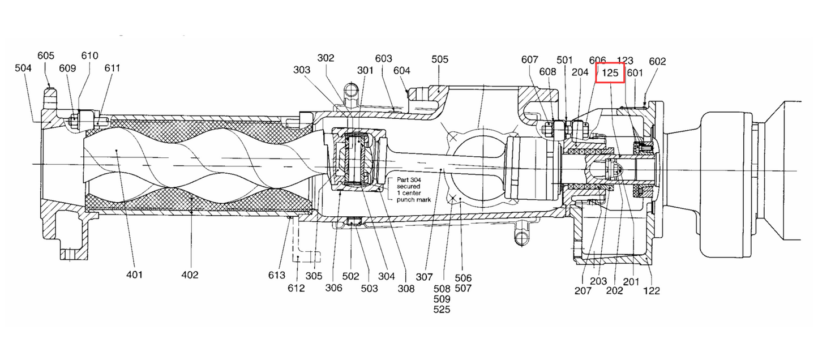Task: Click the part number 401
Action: pos(134,275)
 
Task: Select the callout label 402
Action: pos(190,275)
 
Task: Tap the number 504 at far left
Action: pos(23,68)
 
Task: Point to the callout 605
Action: pos(46,55)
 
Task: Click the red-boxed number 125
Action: pos(610,73)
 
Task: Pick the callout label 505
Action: pos(440,59)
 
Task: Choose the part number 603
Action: pos(383,58)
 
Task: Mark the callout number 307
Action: pos(424,277)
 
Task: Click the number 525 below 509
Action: pos(442,310)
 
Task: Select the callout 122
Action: pos(652,291)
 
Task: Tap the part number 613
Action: pos(276,275)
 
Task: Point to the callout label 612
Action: pos(296,288)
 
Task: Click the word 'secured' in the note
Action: pos(409,186)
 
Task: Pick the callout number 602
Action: pos(657,61)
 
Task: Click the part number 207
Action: pos(583,291)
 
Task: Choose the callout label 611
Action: pos(112,68)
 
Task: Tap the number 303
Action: pos(302,70)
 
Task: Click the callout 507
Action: pos(463,289)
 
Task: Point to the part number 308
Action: pos(406,289)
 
